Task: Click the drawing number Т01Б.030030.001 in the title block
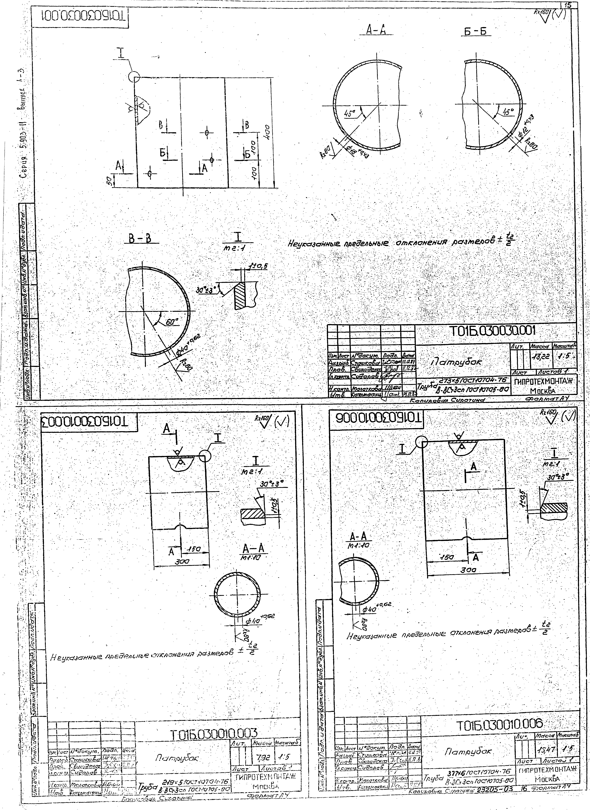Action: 495,331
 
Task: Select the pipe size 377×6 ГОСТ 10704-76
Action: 480,771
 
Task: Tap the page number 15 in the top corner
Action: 568,5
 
